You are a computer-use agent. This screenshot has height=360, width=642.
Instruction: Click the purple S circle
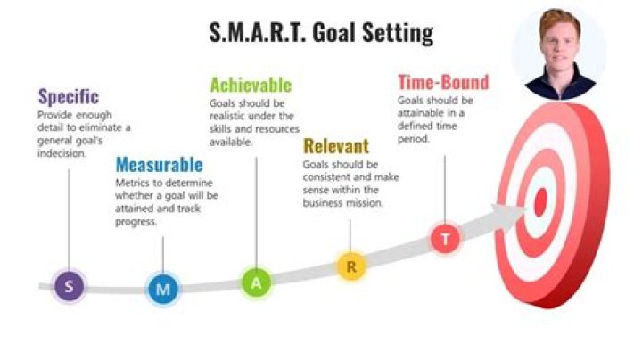70,287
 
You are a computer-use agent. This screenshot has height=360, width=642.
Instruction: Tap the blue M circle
162,288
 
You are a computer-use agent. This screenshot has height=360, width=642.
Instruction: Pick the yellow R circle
351,266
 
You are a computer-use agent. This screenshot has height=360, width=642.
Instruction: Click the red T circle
445,238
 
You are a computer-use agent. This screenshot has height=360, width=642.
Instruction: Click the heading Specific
68,96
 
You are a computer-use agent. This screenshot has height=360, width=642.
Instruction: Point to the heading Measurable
159,165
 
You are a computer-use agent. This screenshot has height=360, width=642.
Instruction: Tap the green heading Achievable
250,86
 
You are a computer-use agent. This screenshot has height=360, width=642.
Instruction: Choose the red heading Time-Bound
442,83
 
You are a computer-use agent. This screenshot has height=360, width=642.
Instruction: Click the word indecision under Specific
62,153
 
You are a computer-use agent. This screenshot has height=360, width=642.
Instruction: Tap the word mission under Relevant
365,202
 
